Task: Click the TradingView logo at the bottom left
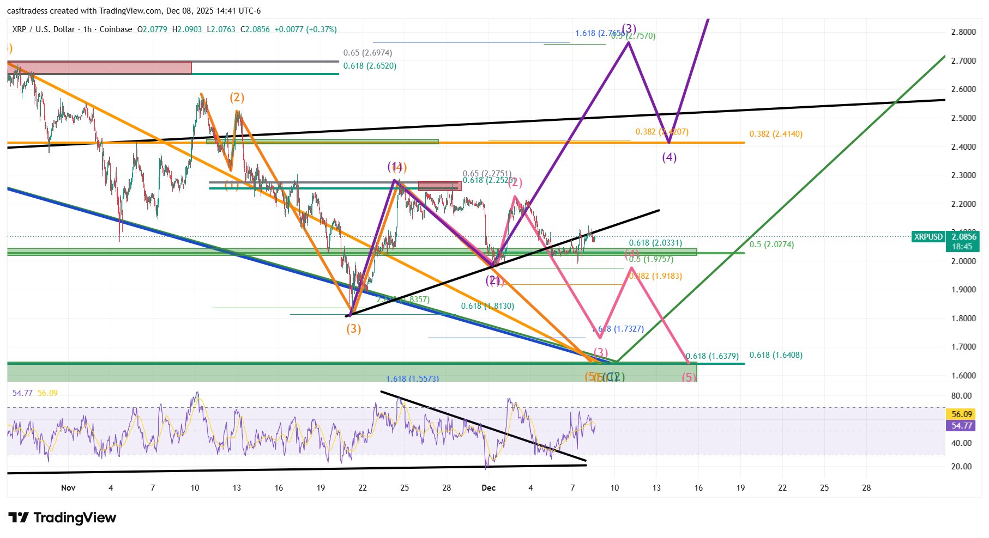[62, 517]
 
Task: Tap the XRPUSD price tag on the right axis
[928, 237]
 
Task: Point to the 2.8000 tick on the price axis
[963, 32]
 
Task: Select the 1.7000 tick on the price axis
[963, 347]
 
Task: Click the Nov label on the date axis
[68, 488]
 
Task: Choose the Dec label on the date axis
[489, 488]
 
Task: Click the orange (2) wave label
[237, 97]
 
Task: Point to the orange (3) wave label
[353, 329]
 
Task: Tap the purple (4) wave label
[669, 157]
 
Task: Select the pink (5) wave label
[689, 377]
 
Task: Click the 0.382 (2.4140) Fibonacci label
[775, 134]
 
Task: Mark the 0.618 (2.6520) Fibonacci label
[370, 66]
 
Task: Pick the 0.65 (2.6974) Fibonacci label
[367, 53]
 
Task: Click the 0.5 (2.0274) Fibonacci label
[771, 244]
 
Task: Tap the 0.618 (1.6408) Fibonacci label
[775, 355]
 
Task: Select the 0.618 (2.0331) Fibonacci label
[655, 243]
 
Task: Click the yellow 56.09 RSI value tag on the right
[962, 414]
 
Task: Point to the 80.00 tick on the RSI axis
[962, 396]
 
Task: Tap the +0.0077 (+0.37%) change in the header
[305, 29]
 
